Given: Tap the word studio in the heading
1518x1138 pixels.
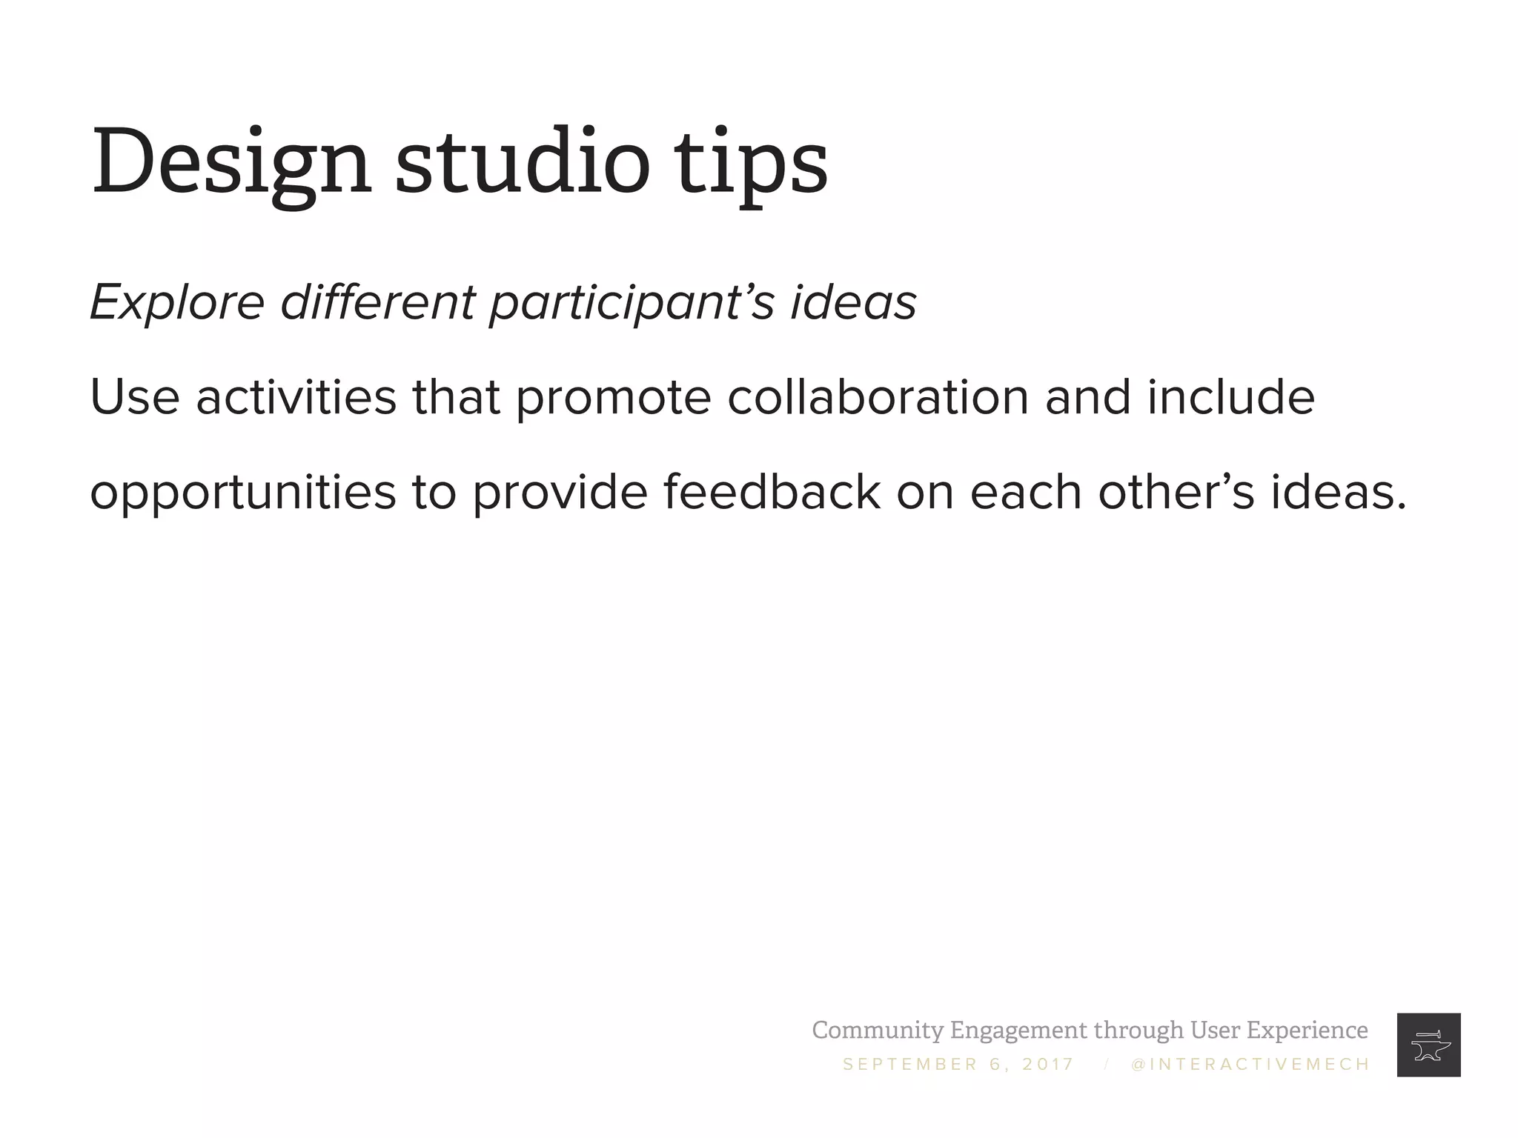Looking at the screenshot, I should (522, 162).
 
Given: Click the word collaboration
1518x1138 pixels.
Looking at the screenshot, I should (878, 397).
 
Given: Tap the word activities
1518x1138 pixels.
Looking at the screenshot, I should (296, 397).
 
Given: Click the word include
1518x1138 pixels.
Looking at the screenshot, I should (1230, 397).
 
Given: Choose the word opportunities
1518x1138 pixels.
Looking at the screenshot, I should (243, 493).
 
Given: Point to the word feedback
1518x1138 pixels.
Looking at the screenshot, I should (772, 492).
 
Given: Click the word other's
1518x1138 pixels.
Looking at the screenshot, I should (1176, 492).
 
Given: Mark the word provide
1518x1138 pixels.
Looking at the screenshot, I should (560, 493).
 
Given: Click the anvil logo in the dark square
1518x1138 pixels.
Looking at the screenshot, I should (1428, 1045).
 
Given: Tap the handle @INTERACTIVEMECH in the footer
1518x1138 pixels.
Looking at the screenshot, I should (1250, 1065).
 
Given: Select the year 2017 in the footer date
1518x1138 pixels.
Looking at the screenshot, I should (1048, 1065).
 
